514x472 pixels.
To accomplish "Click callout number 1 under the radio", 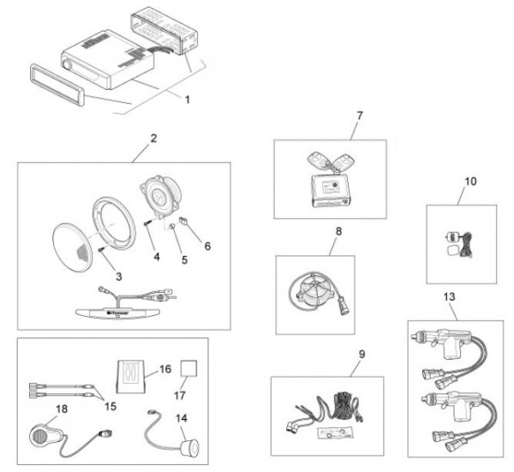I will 187,99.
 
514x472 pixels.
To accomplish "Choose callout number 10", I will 469,182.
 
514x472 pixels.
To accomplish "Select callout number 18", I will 37,409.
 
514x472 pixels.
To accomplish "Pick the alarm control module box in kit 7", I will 329,188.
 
